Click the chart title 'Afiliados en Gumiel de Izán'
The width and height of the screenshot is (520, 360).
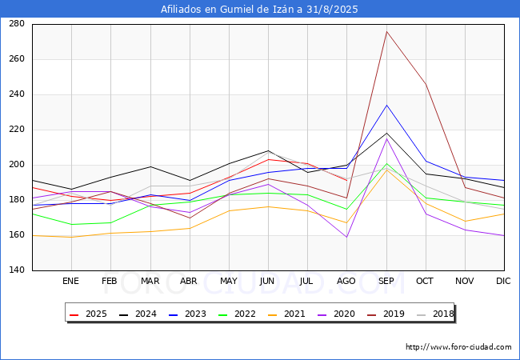227,10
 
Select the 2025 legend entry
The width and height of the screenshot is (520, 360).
88,314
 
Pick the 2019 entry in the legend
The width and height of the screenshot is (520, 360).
386,314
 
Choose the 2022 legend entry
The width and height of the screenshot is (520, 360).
237,314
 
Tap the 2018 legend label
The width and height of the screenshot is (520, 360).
443,314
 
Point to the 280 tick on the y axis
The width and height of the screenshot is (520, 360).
17,24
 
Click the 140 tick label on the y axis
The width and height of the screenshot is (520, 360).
17,270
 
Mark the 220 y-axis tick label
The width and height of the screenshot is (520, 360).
17,130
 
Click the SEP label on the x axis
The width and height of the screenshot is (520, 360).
386,281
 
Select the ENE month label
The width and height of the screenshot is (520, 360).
70,281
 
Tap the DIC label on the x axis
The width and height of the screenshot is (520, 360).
503,281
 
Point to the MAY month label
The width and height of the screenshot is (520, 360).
229,281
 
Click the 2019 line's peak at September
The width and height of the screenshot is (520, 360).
386,31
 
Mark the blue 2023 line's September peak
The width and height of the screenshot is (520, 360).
386,105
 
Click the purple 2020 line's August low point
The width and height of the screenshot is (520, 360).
347,237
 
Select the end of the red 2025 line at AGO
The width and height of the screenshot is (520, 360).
347,180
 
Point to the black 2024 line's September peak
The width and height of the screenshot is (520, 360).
386,134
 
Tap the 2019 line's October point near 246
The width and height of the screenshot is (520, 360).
426,84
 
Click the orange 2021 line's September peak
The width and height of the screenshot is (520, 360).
386,170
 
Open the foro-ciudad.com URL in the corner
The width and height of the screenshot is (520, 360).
458,347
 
